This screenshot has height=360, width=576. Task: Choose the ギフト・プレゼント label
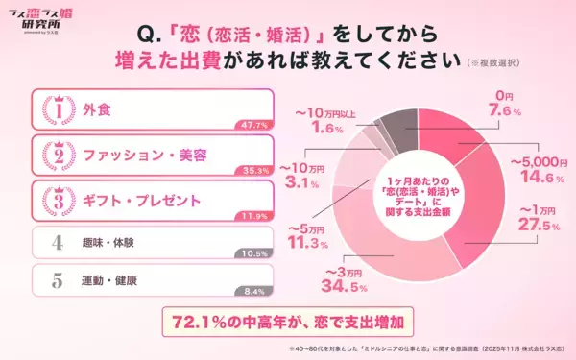140,200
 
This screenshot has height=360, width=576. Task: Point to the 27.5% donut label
536,226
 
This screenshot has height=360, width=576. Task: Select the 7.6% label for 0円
498,111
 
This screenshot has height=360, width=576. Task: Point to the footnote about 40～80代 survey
422,350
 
